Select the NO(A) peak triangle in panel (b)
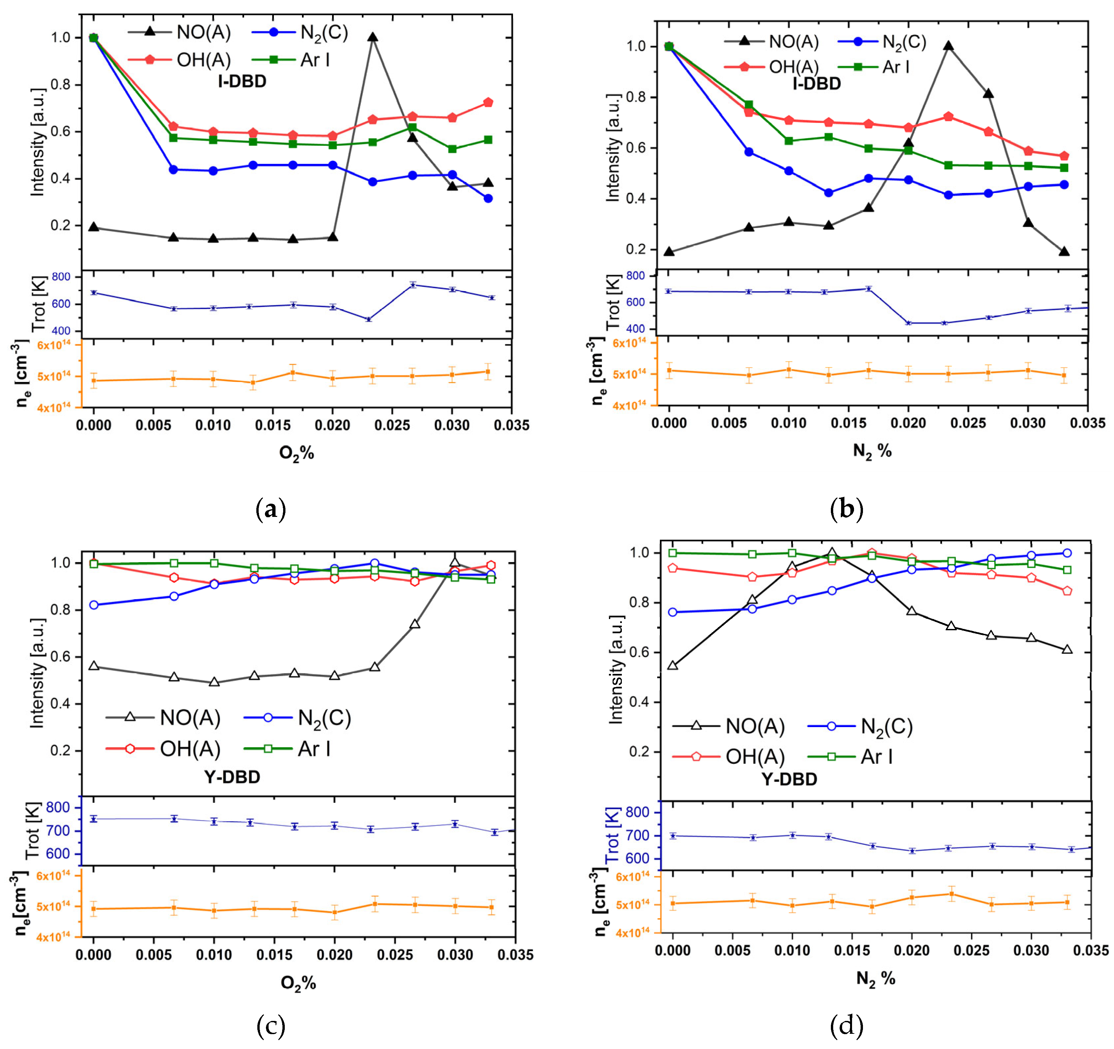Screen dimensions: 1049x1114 coord(948,46)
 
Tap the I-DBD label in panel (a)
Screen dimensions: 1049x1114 coord(242,82)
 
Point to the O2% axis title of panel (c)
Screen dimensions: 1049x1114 coord(298,983)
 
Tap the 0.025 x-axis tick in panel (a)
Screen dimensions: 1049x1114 coord(392,425)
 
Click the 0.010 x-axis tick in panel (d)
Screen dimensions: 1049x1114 coord(792,951)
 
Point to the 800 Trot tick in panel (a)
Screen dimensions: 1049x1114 coord(61,277)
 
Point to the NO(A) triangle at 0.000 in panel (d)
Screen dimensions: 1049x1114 coord(672,665)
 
